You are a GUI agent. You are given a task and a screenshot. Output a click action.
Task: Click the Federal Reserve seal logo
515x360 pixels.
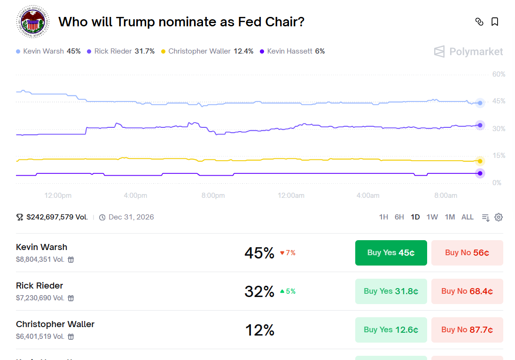click(32, 22)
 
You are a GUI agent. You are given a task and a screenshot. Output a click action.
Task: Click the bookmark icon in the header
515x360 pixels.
click(495, 22)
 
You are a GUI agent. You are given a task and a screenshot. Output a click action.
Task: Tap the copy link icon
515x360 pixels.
click(479, 22)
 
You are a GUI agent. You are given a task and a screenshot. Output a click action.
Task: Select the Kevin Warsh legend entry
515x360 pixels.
click(48, 51)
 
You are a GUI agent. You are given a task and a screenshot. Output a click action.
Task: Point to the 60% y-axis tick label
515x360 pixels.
click(499, 74)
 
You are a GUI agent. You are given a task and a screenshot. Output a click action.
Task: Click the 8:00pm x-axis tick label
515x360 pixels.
click(213, 196)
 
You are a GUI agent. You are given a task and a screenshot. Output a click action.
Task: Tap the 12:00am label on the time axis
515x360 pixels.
click(291, 196)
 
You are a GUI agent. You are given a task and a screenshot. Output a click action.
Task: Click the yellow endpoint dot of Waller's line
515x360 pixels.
click(480, 161)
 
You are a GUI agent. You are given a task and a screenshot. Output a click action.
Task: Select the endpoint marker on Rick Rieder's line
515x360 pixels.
click(480, 125)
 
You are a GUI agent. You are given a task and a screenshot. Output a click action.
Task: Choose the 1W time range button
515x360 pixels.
click(432, 217)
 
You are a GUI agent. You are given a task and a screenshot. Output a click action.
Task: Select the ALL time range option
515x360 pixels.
click(468, 217)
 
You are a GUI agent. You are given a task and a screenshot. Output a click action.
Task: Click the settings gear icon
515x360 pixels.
click(499, 217)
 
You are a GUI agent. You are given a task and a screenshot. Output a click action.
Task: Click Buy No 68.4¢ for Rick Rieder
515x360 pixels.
click(467, 291)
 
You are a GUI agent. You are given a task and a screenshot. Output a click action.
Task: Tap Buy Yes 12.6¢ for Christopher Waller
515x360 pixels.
click(391, 330)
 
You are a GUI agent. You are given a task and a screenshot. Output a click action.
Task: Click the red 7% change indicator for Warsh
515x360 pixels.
click(288, 253)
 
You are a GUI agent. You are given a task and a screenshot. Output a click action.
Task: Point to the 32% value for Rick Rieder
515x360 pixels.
click(259, 291)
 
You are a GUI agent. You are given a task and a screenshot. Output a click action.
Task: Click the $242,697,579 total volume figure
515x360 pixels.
click(57, 217)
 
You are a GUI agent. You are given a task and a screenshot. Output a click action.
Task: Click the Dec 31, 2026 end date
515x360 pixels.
click(131, 217)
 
